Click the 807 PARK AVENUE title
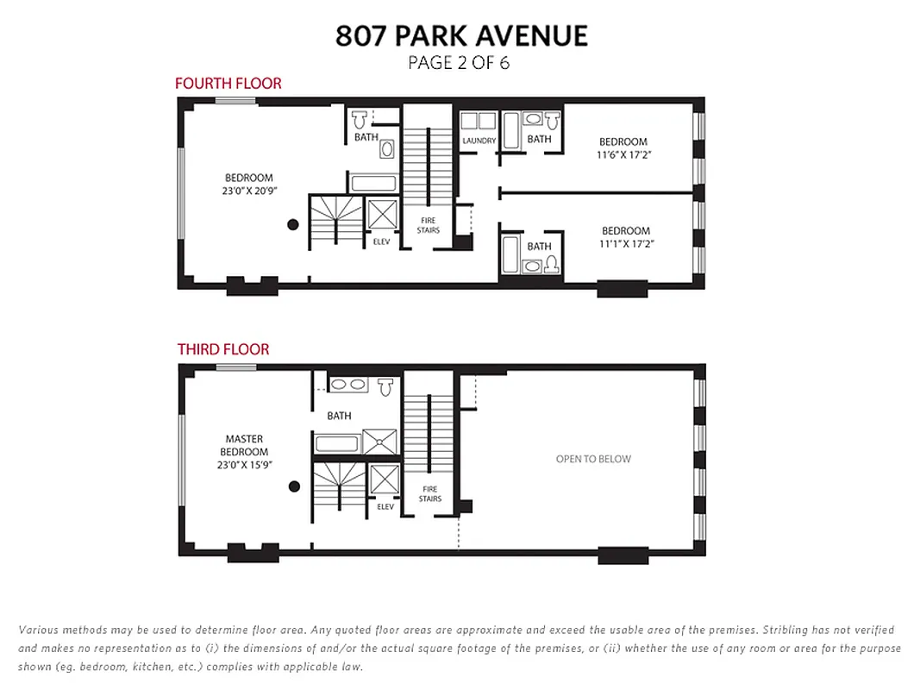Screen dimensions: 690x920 (461, 35)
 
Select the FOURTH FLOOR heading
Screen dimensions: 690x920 (228, 84)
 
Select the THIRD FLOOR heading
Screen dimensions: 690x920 (223, 349)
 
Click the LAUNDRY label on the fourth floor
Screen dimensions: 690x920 (479, 141)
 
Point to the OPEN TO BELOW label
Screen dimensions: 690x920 (593, 459)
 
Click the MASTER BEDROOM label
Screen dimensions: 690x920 (244, 445)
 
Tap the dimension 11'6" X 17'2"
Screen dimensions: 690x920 (623, 155)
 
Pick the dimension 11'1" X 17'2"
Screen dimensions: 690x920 (625, 244)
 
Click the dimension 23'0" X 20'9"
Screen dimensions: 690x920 (248, 191)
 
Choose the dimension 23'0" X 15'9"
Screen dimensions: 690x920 (244, 465)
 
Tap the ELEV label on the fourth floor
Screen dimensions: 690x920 (381, 241)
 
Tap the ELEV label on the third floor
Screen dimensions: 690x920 (385, 506)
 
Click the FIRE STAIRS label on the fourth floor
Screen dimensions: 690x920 (429, 225)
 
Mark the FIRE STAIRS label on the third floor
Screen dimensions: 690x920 (429, 494)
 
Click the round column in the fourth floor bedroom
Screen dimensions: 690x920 (293, 224)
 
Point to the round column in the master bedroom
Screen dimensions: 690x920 (294, 486)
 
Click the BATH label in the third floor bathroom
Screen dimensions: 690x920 (339, 416)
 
